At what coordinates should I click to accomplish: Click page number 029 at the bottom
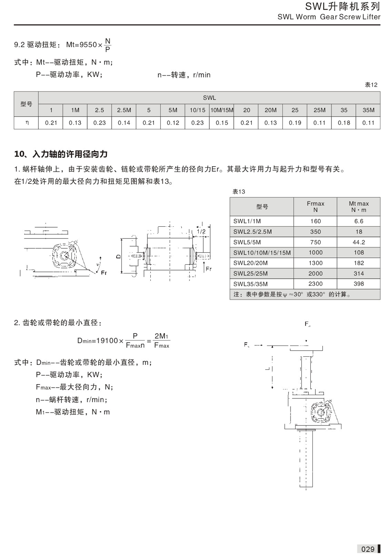(x=368, y=549)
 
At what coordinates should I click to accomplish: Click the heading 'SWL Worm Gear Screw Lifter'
(x=329, y=17)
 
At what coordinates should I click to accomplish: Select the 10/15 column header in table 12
(x=197, y=110)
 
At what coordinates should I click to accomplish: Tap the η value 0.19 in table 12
(x=295, y=123)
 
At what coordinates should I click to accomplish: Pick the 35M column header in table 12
(x=368, y=110)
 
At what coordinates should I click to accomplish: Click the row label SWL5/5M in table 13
(x=248, y=242)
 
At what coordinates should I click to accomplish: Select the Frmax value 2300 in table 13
(x=315, y=284)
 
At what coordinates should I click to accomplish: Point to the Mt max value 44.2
(x=359, y=242)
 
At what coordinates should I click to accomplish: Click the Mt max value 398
(x=359, y=284)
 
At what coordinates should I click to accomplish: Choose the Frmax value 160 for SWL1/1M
(x=315, y=221)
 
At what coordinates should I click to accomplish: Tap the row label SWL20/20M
(x=250, y=263)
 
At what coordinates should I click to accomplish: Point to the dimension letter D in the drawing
(x=119, y=255)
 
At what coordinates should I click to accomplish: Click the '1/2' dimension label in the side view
(x=201, y=231)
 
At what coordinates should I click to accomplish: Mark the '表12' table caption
(x=371, y=85)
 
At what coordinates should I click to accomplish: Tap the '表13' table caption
(x=239, y=192)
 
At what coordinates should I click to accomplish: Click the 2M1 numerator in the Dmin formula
(x=161, y=336)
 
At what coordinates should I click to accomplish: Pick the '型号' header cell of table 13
(x=262, y=207)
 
